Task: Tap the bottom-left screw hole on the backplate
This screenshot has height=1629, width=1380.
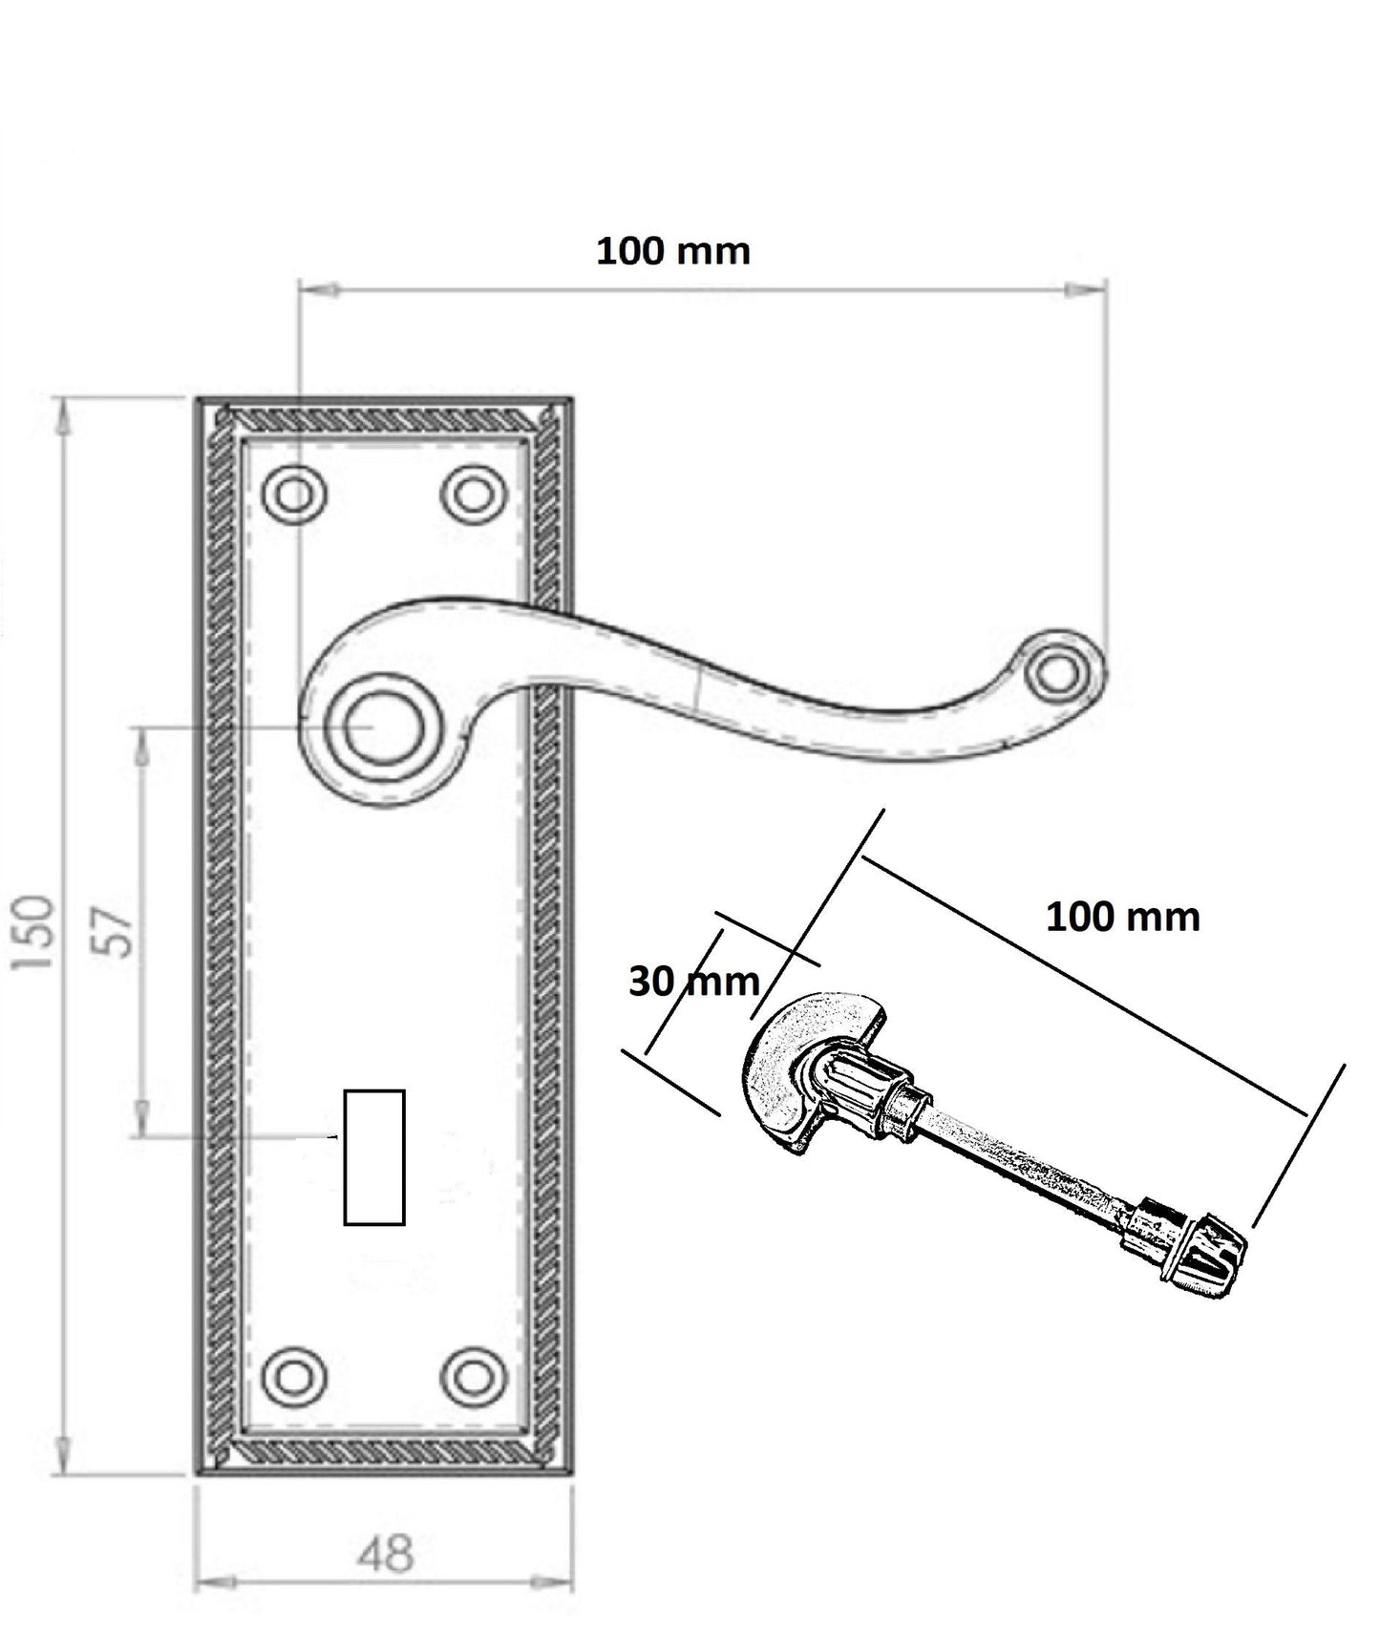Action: point(295,1377)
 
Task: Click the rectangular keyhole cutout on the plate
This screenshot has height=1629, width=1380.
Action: point(374,1157)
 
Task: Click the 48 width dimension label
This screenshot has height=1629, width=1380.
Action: point(387,1554)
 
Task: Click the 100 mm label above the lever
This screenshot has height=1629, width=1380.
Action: point(673,252)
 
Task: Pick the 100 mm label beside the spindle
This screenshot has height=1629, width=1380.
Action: point(1123,918)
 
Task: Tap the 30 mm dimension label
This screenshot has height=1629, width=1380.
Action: point(693,982)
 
